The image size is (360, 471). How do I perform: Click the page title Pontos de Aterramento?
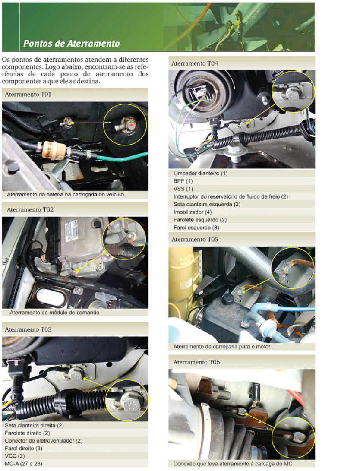pos(72,44)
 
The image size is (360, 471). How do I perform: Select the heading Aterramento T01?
pos(28,94)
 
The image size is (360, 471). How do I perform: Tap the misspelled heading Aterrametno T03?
pos(28,329)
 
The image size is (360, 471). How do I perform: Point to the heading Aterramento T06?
pos(196,362)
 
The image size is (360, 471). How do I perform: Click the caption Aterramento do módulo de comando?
pos(54,313)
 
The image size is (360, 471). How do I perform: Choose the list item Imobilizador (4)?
pos(193,212)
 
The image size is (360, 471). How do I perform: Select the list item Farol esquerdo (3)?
pos(196,228)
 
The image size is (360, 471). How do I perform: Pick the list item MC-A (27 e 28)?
pos(23,464)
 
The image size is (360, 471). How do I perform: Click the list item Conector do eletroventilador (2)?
pos(44,441)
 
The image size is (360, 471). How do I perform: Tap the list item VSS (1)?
pos(183,189)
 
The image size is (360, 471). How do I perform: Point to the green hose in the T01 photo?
pos(123,157)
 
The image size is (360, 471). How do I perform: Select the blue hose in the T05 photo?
pos(296,308)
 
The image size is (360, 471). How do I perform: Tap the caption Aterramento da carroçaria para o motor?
pos(221,347)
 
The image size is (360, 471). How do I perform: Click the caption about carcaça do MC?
pos(233,464)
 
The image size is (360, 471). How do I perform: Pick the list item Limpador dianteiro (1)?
pos(201,173)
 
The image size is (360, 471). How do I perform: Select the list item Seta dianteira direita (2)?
pos(34,425)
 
